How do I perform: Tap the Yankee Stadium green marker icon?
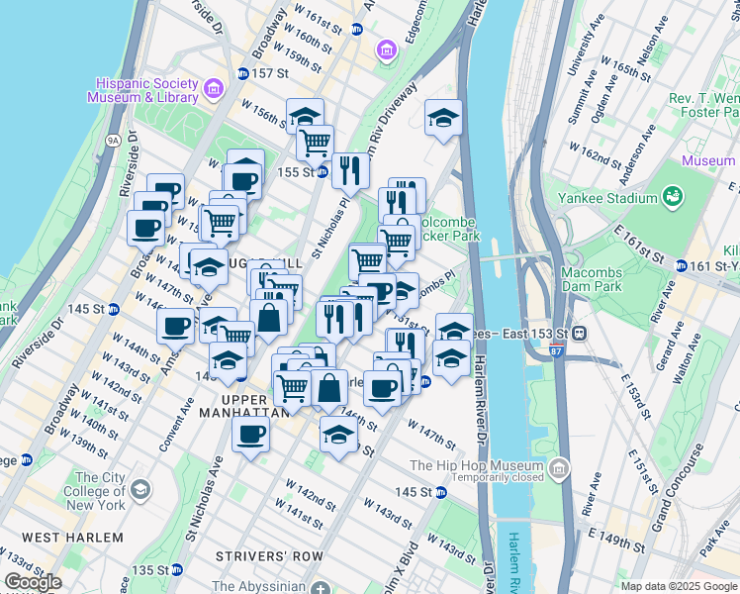click(674, 197)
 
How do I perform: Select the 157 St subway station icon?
click(243, 74)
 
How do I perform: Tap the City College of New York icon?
click(141, 490)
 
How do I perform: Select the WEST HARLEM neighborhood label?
click(73, 538)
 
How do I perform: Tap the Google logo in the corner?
click(34, 582)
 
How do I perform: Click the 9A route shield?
click(114, 142)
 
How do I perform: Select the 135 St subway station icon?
click(177, 570)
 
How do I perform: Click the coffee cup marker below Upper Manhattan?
click(250, 433)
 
